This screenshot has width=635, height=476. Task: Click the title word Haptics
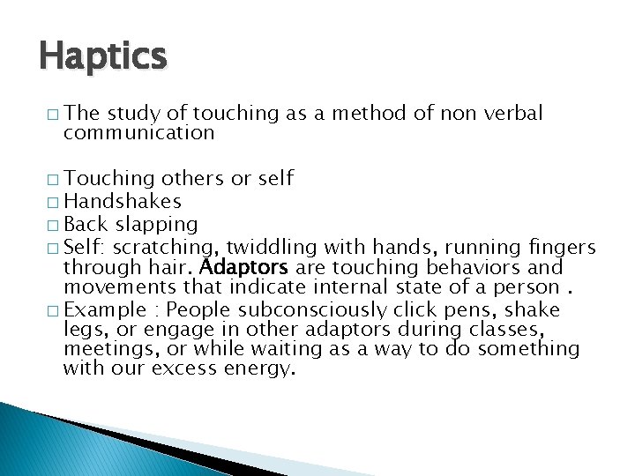pos(102,57)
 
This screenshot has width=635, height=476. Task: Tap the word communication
pos(138,133)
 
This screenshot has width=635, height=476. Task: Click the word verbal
pos(513,114)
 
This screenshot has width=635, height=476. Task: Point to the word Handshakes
pos(123,202)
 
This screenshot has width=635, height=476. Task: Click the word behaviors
pos(477,267)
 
